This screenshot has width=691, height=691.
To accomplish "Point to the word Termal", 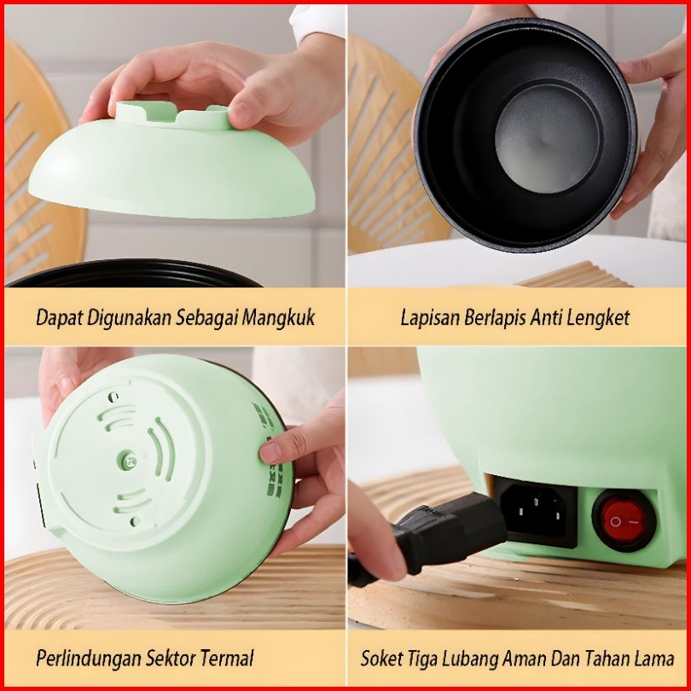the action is pos(227,658).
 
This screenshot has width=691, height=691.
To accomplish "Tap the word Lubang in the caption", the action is pos(470,659).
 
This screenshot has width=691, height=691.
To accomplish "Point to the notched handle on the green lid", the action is pos(174,114).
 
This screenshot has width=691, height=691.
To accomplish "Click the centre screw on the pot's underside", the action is pos(128,461).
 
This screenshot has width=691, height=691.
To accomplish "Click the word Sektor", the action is pos(171,659).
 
